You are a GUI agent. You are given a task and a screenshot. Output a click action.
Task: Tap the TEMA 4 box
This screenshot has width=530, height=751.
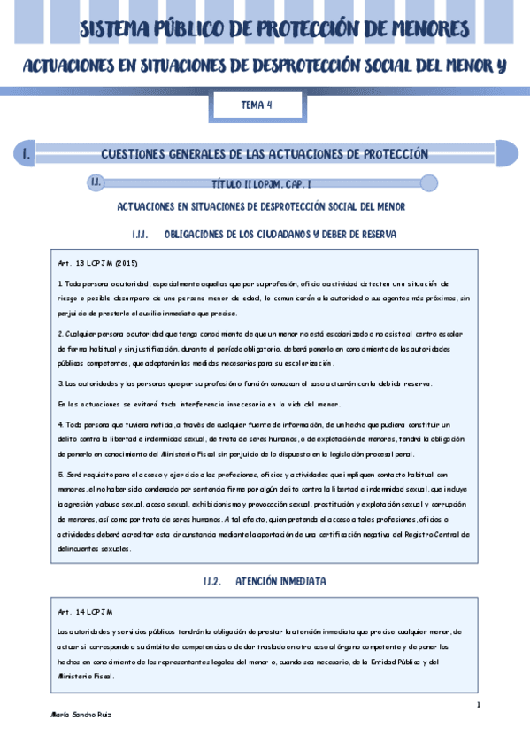click(x=257, y=105)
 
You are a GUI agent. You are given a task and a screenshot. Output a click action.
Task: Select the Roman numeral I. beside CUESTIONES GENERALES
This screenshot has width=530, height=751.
click(x=27, y=154)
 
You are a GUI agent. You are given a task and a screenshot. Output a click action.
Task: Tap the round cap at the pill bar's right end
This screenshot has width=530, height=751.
click(x=428, y=183)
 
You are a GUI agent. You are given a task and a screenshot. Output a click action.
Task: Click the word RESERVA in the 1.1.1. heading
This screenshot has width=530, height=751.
click(x=375, y=234)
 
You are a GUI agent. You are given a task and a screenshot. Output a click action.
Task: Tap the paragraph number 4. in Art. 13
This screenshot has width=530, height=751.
click(x=59, y=425)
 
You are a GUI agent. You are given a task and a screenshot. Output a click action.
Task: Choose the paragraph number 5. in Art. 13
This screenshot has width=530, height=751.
click(x=59, y=475)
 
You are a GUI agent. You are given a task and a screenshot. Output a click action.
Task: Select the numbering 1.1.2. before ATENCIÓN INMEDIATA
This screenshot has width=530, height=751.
click(x=216, y=581)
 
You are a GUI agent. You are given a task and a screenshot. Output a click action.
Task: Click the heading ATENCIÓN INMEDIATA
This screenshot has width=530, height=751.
click(x=280, y=581)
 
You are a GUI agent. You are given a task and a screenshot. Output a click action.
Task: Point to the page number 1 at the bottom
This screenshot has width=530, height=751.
click(x=478, y=705)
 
